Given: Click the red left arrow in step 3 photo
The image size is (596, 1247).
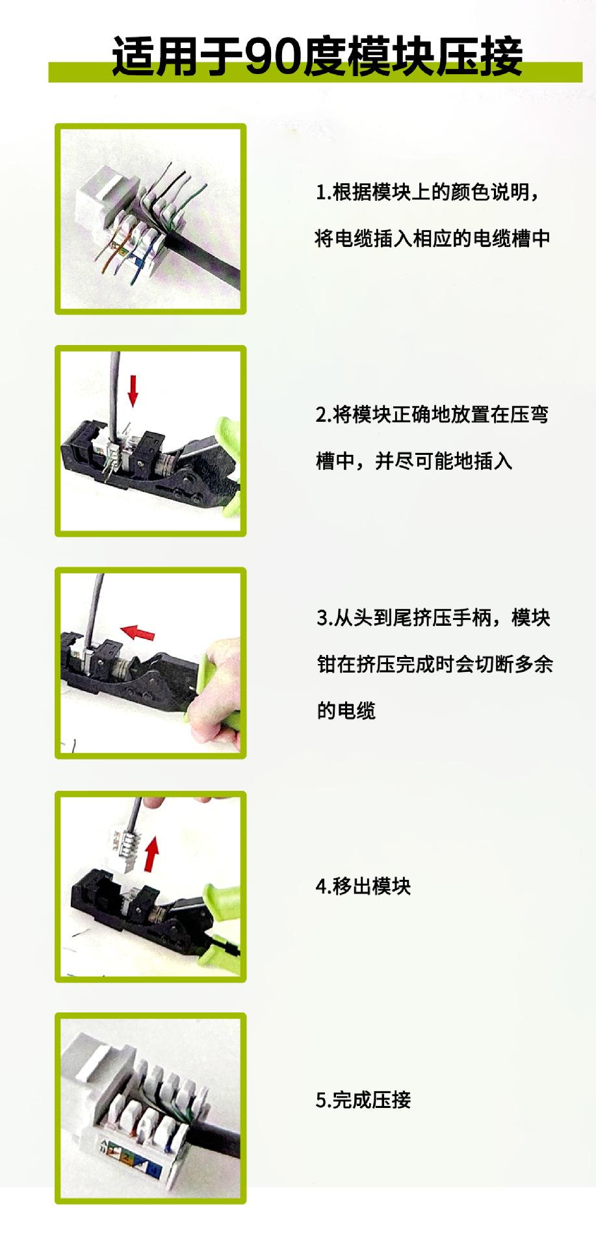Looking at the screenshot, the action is [138, 631].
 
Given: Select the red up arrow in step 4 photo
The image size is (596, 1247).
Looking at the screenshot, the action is [151, 853].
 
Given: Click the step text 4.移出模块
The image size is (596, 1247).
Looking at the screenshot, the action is [363, 886].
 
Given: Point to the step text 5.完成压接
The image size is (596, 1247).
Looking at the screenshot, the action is [363, 1100].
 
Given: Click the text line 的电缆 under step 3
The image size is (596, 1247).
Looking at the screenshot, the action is [346, 710].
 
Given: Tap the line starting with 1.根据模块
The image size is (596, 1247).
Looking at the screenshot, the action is [428, 192].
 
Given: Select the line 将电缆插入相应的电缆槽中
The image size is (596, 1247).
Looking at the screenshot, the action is [433, 238].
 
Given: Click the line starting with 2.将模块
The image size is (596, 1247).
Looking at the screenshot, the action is [432, 414].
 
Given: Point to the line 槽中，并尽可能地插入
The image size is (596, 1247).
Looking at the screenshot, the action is [414, 461].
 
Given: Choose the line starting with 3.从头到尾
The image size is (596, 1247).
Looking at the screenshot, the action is [434, 617].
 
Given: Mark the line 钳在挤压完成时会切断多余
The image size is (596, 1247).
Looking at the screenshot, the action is [435, 664].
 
